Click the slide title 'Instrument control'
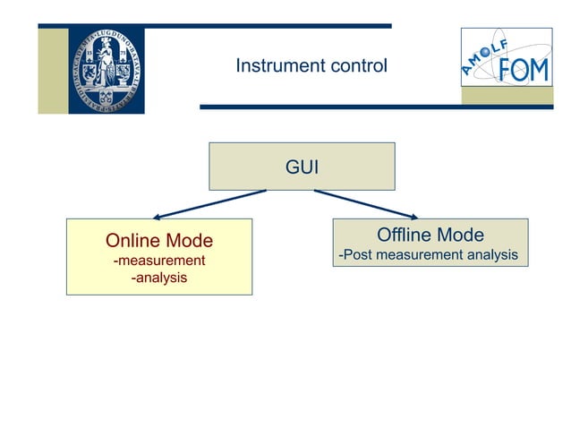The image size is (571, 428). click(x=311, y=66)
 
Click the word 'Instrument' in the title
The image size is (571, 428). click(x=276, y=66)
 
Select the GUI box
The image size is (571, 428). click(x=302, y=167)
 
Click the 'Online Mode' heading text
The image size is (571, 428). click(x=159, y=241)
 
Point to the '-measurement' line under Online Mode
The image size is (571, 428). click(x=159, y=261)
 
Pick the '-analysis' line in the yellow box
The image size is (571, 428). click(x=159, y=278)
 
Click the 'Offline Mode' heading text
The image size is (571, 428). click(x=430, y=235)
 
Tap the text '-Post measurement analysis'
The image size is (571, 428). click(x=428, y=255)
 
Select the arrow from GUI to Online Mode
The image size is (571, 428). click(x=209, y=203)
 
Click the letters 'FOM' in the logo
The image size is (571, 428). click(x=523, y=68)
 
